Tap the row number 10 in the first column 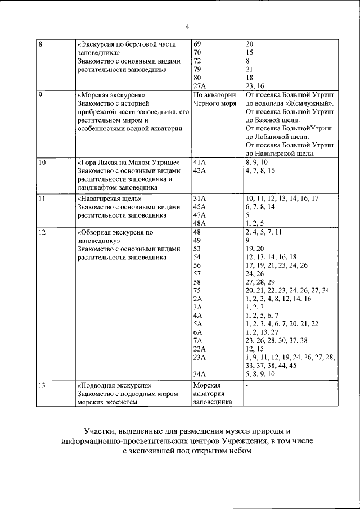pyautogui.click(x=42, y=162)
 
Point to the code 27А pyautogui.click(x=200, y=85)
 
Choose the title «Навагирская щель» pyautogui.click(x=109, y=198)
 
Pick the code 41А pyautogui.click(x=200, y=162)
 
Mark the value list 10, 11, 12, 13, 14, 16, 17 pyautogui.click(x=282, y=198)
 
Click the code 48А pyautogui.click(x=200, y=223)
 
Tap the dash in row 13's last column pyautogui.click(x=247, y=386)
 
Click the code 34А pyautogui.click(x=200, y=373)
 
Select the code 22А pyautogui.click(x=200, y=349)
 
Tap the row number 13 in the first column pyautogui.click(x=42, y=386)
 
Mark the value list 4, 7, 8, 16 pyautogui.click(x=260, y=170)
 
